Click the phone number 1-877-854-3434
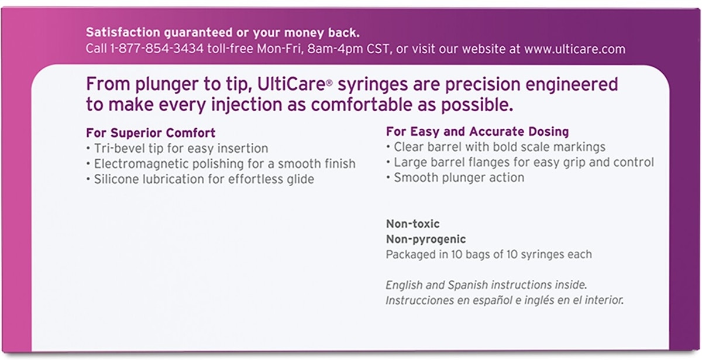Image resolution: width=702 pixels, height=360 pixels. click(x=157, y=49)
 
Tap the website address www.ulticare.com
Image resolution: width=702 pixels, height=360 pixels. click(x=574, y=49)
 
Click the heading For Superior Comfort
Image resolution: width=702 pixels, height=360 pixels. click(x=151, y=133)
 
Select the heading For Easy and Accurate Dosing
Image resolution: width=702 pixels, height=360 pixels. click(x=477, y=131)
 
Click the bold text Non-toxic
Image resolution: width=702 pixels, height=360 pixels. click(x=413, y=224)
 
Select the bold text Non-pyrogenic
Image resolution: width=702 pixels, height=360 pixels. click(x=426, y=239)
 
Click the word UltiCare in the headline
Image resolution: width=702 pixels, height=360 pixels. click(x=291, y=84)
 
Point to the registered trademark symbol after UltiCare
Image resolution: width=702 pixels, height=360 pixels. click(x=329, y=83)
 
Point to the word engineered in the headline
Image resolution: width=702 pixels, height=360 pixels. click(x=572, y=84)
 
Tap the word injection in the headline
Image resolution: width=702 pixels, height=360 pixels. click(x=246, y=104)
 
